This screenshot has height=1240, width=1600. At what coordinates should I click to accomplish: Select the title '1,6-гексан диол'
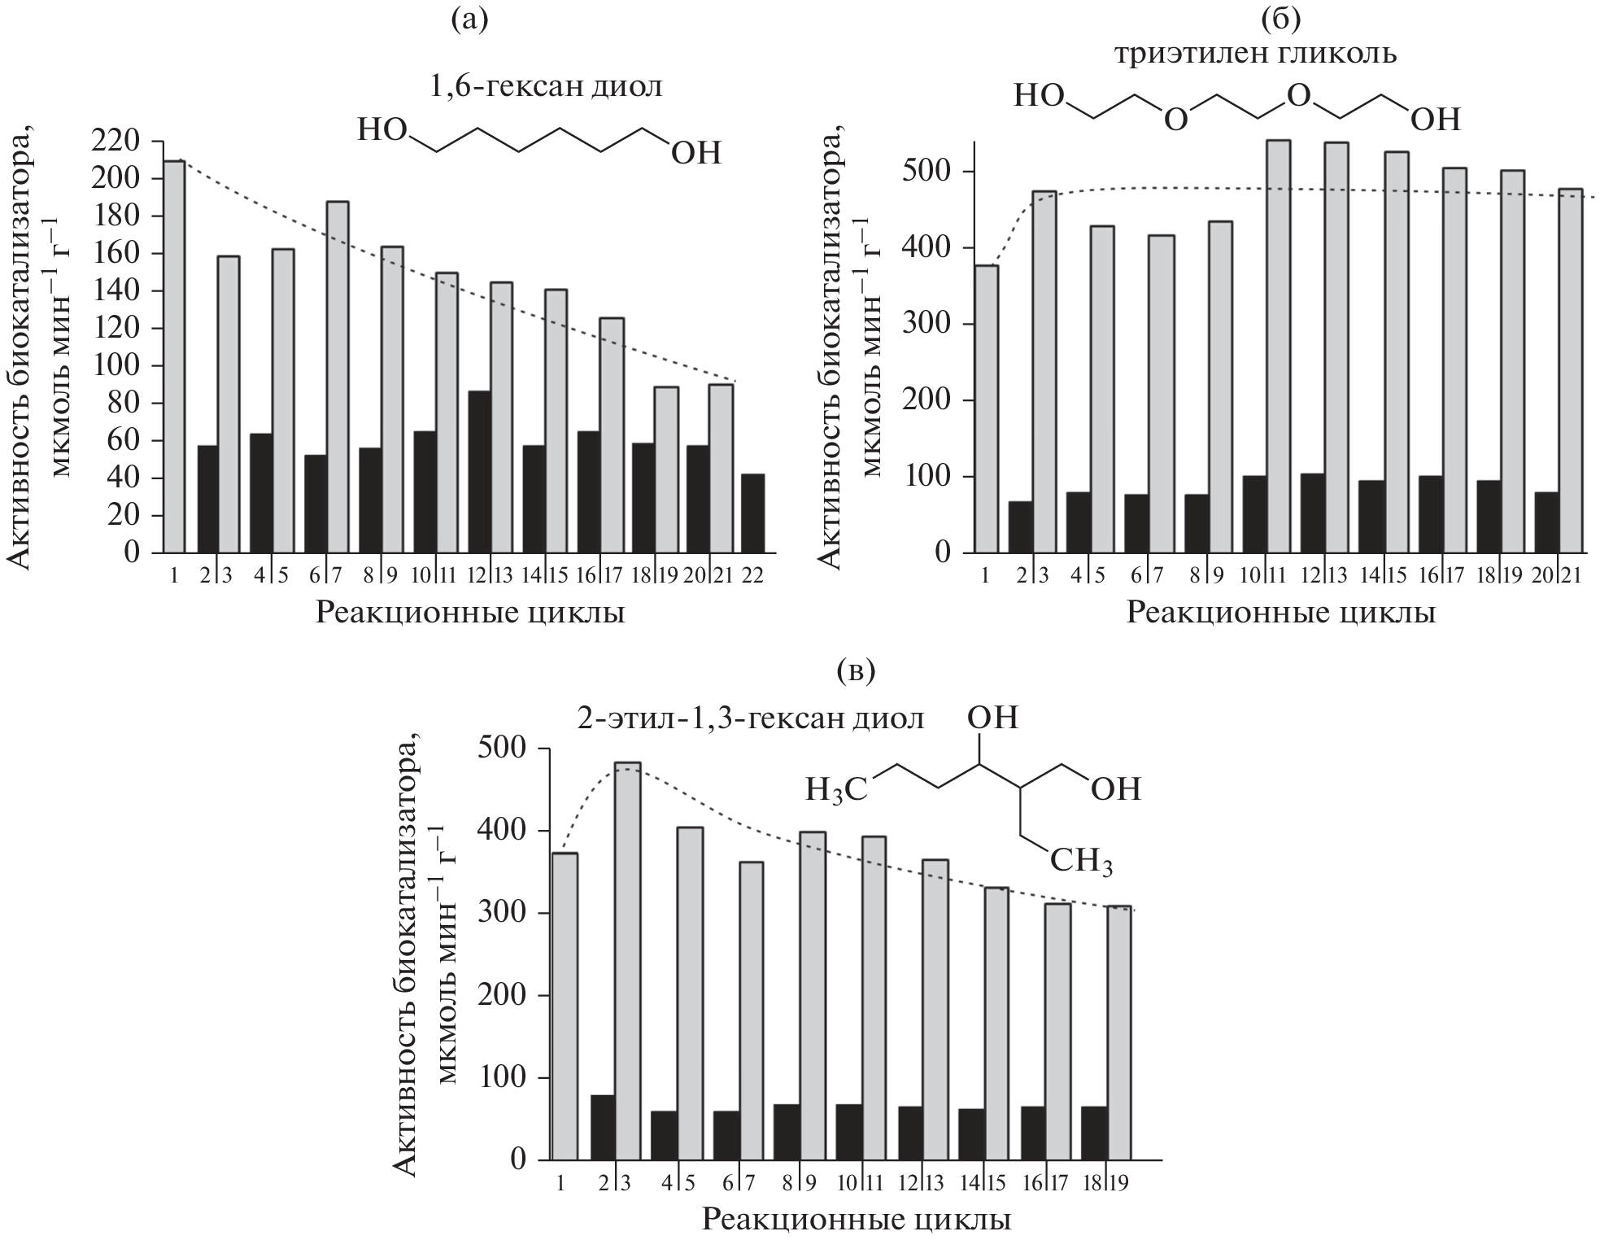point(546,87)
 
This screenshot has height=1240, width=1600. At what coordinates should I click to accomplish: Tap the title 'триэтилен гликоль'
point(1255,54)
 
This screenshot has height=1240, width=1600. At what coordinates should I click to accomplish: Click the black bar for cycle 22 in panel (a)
point(752,513)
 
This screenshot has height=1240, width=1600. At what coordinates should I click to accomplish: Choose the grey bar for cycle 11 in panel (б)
point(1278,346)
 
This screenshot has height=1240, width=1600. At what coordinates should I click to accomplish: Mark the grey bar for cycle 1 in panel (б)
point(987,408)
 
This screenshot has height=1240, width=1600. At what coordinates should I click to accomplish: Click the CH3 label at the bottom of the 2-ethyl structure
point(1081,861)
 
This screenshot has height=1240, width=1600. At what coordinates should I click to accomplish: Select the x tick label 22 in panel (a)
point(752,575)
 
